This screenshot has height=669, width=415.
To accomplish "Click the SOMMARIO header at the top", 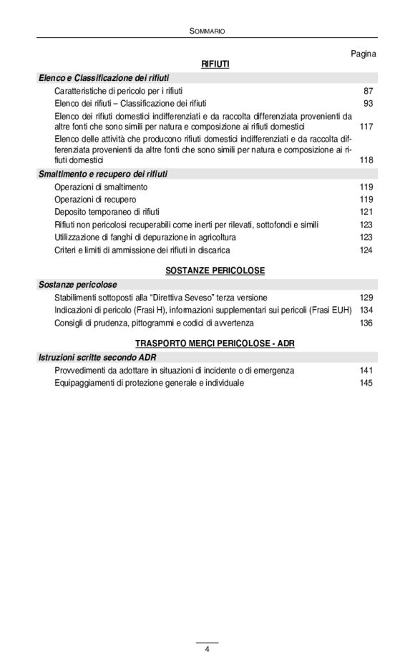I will pyautogui.click(x=207, y=31).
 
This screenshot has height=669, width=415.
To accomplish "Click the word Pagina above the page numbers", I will pyautogui.click(x=363, y=54).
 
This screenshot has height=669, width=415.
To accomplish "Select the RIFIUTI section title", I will pyautogui.click(x=215, y=64).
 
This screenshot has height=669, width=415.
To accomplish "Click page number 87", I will pyautogui.click(x=368, y=92).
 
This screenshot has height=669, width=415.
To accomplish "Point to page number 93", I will pyautogui.click(x=368, y=104).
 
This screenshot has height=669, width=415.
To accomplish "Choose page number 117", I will pyautogui.click(x=366, y=127).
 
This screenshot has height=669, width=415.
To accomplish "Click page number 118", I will pyautogui.click(x=366, y=160).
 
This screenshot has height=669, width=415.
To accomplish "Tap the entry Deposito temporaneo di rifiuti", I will pyautogui.click(x=107, y=212).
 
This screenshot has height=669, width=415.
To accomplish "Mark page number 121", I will pyautogui.click(x=366, y=212).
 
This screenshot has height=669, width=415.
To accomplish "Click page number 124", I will pyautogui.click(x=366, y=250).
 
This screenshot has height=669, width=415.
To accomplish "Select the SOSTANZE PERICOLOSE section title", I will pyautogui.click(x=215, y=270).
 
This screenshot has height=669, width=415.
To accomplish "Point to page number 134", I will pyautogui.click(x=366, y=310).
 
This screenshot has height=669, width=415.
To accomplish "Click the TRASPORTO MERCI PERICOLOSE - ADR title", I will pyautogui.click(x=215, y=343).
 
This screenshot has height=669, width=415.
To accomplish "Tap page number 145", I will pyautogui.click(x=366, y=383).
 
